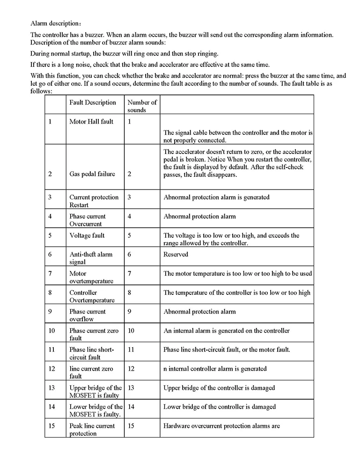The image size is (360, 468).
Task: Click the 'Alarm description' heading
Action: click(56, 23)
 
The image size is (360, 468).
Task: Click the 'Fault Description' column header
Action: click(93, 102)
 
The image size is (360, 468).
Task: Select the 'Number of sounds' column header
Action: click(142, 106)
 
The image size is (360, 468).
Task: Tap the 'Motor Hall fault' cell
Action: click(91, 122)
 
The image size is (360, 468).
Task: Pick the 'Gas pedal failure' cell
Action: click(92, 174)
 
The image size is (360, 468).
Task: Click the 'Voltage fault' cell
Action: click(87, 235)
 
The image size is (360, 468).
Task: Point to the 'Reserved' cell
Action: click(176, 254)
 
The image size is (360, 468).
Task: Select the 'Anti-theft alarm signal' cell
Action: click(91, 258)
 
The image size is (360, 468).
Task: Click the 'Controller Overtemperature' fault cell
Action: click(92, 296)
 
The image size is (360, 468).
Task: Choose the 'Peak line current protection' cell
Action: click(92, 430)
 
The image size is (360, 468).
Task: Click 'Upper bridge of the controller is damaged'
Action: click(219, 388)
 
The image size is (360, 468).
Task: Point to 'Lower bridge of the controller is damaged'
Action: click(220, 407)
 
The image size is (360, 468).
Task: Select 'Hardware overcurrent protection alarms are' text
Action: click(221, 426)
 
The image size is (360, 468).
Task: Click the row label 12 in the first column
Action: click(51, 369)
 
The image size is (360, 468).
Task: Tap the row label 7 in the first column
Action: click(50, 273)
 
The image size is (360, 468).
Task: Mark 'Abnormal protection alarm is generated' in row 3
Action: click(216, 197)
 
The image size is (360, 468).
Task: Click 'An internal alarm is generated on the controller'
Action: click(227, 331)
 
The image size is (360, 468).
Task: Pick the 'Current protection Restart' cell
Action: click(94, 201)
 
